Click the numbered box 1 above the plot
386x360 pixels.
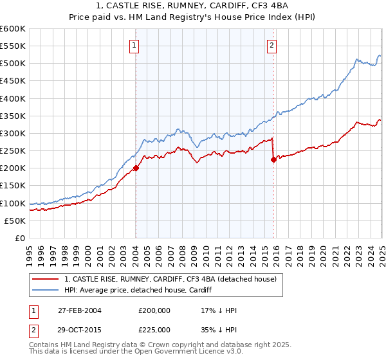[134, 45]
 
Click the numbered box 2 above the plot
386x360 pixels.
[272, 45]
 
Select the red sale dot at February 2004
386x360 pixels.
[136, 168]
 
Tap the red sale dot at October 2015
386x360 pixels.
[273, 160]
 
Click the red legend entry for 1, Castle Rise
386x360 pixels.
[170, 279]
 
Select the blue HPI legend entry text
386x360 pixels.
[142, 290]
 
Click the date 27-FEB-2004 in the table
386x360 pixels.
[79, 310]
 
